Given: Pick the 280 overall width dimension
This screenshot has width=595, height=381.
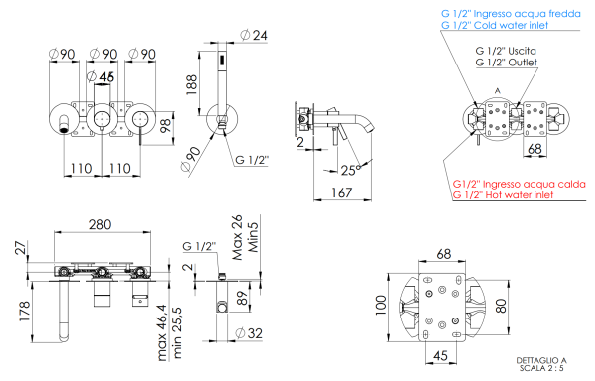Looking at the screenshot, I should pyautogui.click(x=99, y=226).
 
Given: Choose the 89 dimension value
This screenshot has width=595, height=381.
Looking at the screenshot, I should pyautogui.click(x=244, y=295).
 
